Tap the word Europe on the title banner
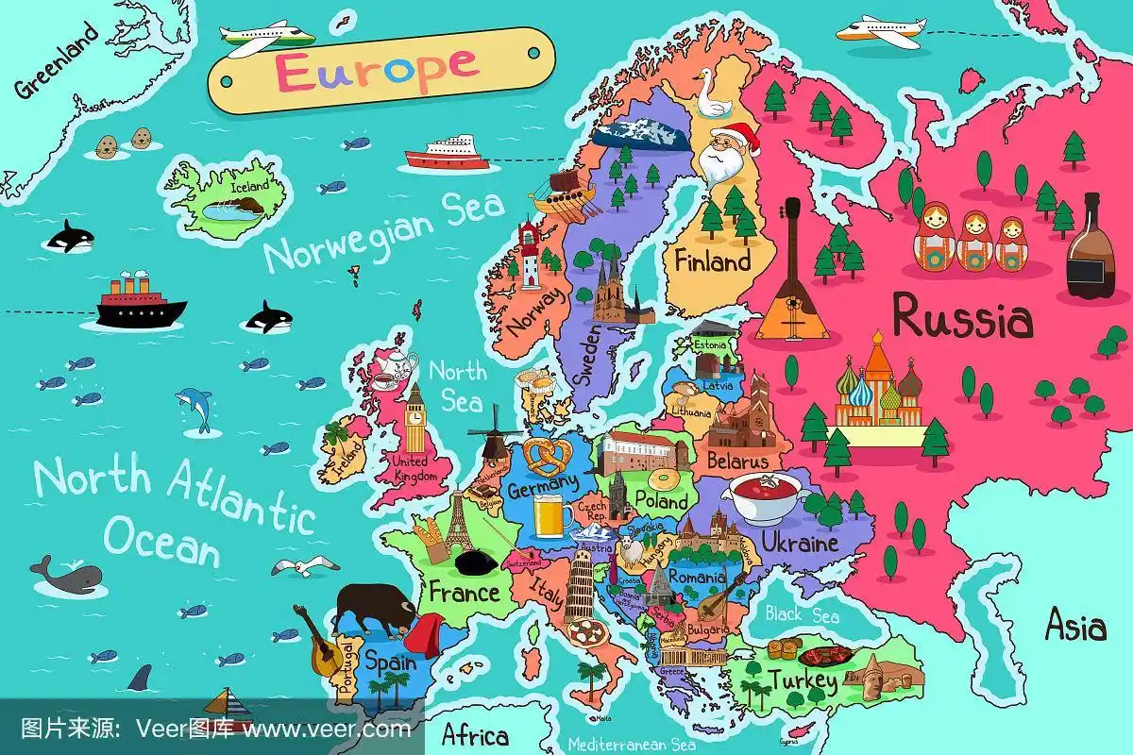click(x=378, y=67)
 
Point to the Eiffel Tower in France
click(x=459, y=524)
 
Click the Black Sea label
click(x=802, y=615)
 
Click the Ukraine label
click(x=799, y=545)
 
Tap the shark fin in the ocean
click(x=140, y=676)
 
